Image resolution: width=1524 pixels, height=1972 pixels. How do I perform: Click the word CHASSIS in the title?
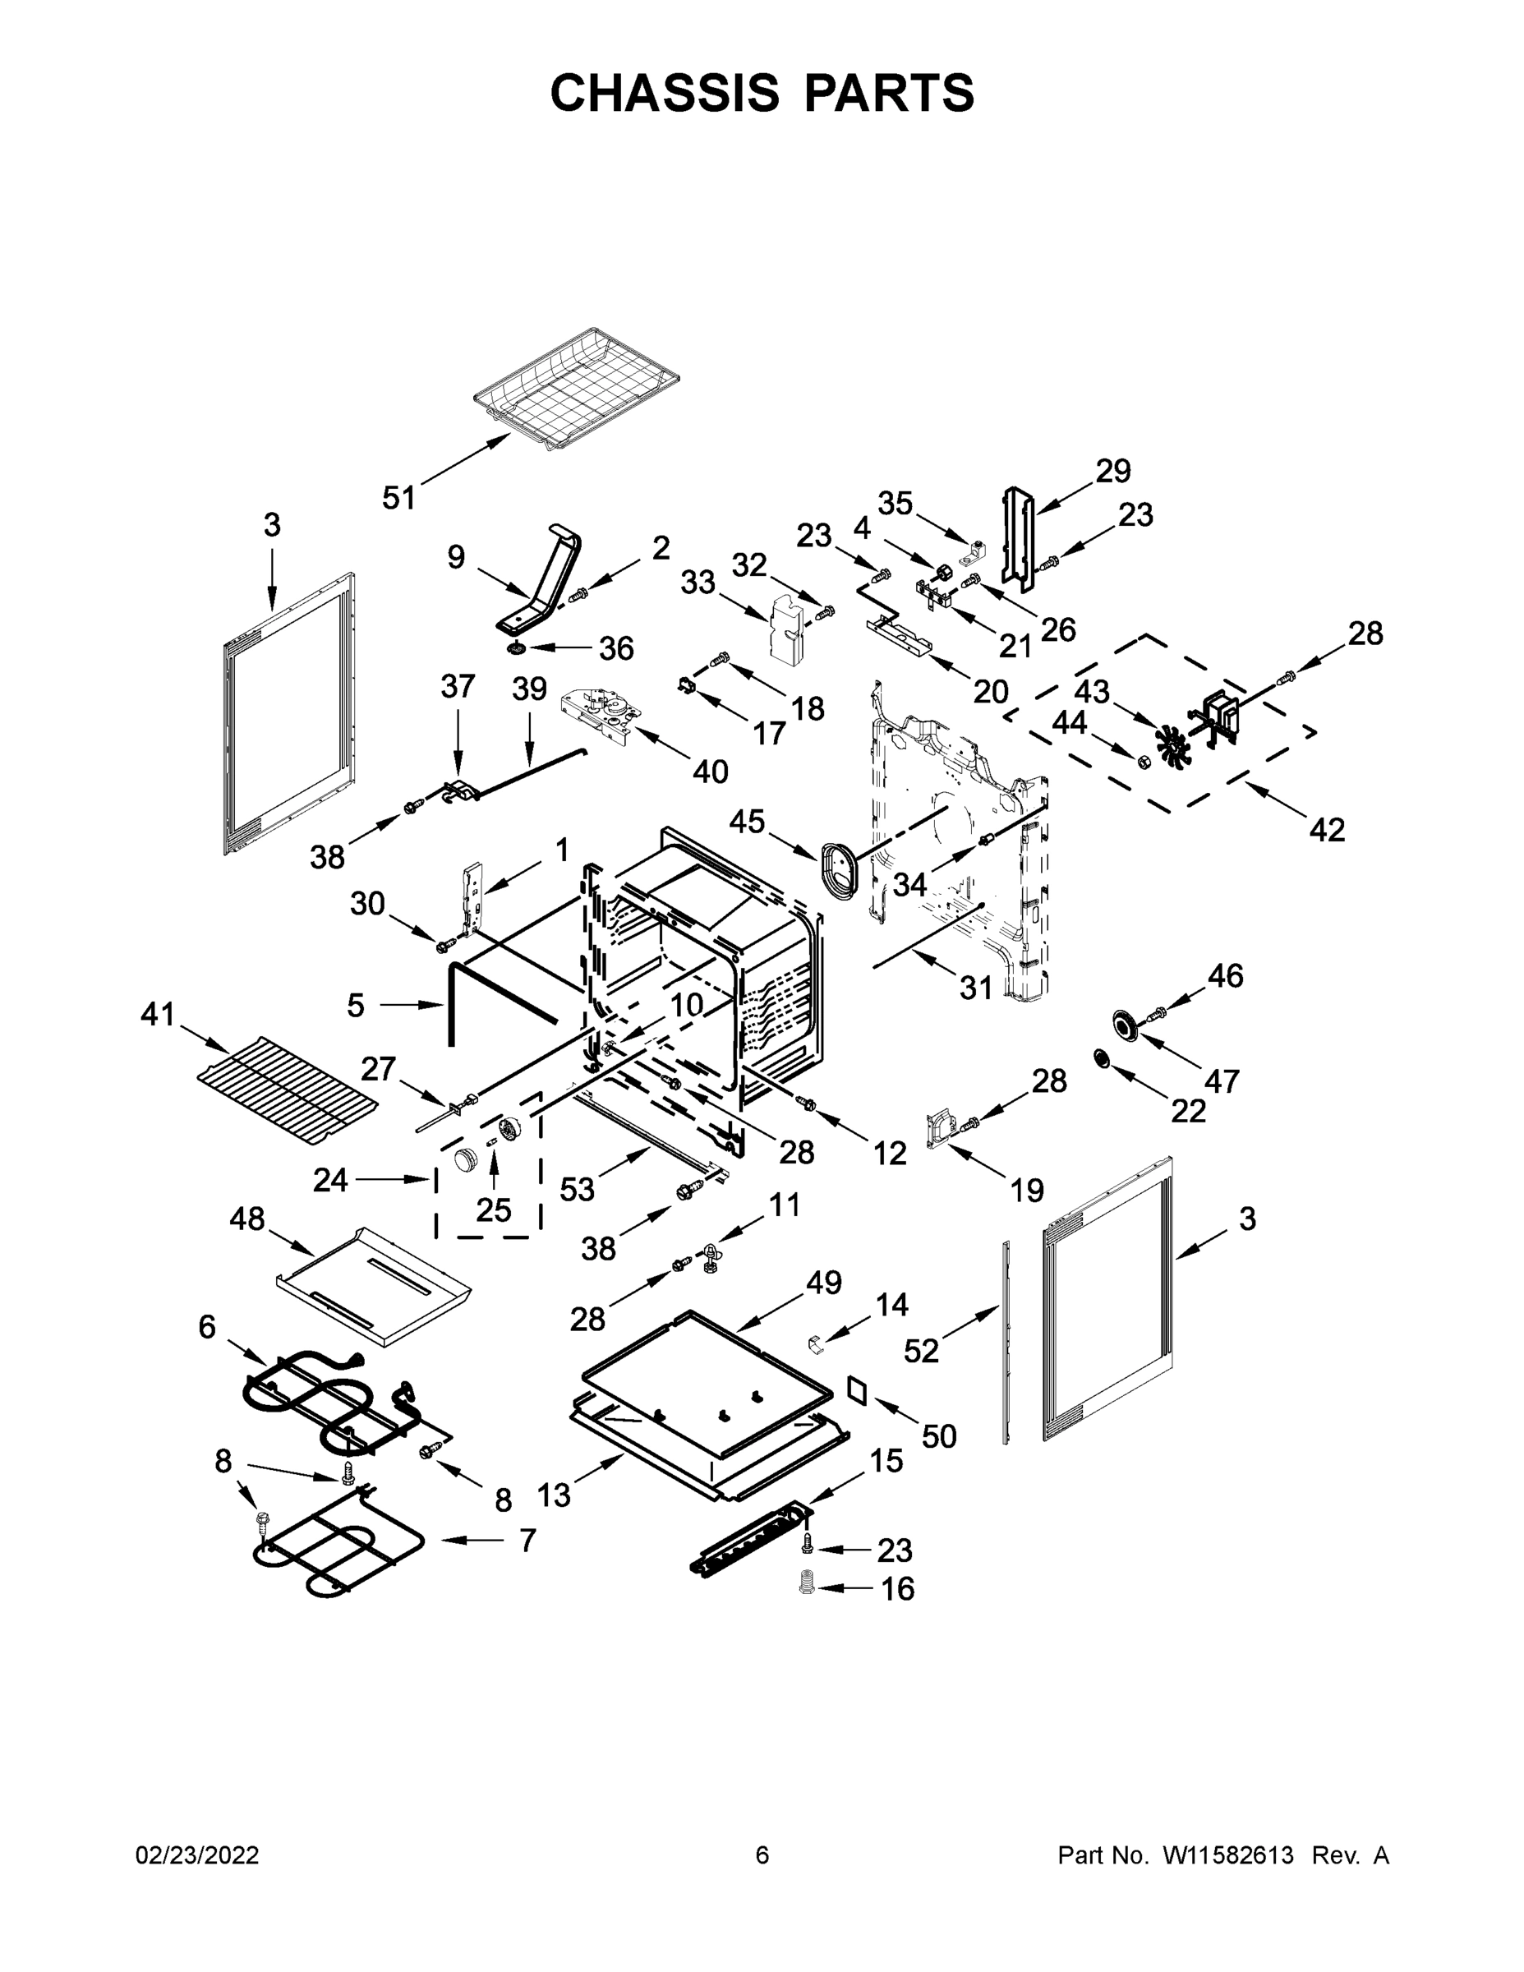coord(665,93)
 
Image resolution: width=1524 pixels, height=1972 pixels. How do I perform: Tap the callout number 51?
coord(398,497)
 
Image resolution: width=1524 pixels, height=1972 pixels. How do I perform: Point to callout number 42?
coord(1326,829)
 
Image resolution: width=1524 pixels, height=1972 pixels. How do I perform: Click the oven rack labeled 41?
coord(287,1089)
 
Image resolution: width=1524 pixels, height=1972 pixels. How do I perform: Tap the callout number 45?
coord(747,822)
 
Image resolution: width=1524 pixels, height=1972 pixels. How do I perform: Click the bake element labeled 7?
coord(338,1550)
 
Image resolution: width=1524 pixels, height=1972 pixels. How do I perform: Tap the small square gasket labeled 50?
coord(857,1391)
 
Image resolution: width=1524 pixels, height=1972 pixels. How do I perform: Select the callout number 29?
coord(1113,471)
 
